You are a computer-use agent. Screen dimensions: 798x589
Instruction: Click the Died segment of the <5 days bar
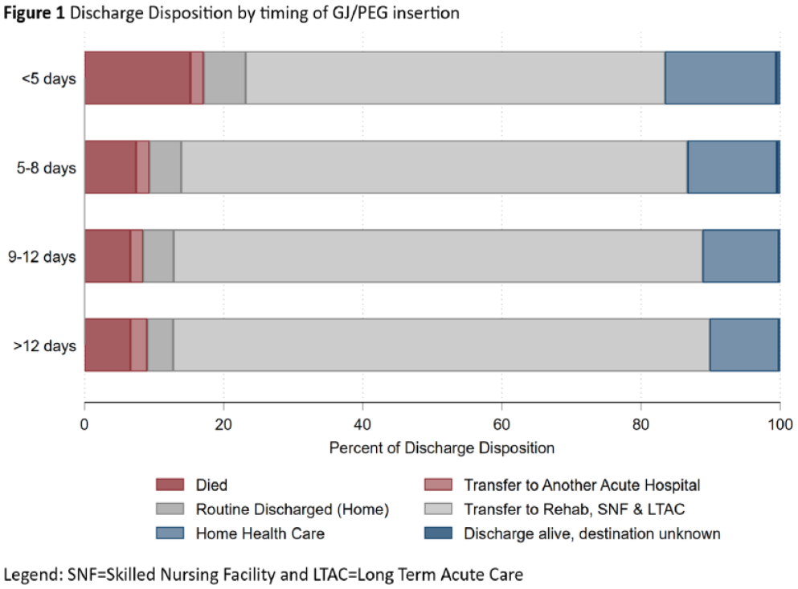coord(137,78)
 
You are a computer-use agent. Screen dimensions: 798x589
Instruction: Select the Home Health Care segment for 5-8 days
coord(732,167)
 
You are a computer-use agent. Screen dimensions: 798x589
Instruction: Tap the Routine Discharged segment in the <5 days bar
coord(225,78)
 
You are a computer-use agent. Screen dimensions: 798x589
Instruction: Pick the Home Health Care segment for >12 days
coord(744,346)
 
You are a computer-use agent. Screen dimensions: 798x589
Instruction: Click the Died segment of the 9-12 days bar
coord(108,256)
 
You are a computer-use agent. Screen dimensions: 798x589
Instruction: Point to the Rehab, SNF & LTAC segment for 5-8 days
coord(434,167)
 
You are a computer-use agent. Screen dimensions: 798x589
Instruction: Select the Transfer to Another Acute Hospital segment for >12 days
coord(139,346)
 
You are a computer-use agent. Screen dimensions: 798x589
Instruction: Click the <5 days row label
coord(49,79)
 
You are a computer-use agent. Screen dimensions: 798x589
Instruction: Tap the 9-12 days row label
coord(42,256)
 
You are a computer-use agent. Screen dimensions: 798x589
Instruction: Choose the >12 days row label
coord(45,346)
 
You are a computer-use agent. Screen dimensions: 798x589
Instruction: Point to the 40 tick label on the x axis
coord(362,424)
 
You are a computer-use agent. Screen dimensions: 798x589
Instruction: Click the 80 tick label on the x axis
coord(640,424)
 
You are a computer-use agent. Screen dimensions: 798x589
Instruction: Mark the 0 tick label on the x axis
coord(84,424)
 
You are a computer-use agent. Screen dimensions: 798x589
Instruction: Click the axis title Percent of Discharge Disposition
coord(442,448)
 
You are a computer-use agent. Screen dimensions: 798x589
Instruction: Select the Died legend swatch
coord(170,484)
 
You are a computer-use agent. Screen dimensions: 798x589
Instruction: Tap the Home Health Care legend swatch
coord(170,533)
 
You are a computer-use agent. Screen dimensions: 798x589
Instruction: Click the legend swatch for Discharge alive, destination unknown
coord(438,533)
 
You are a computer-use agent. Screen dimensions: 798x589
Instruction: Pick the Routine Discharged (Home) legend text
coord(293,509)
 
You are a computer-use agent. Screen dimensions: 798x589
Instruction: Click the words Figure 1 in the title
coord(34,13)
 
